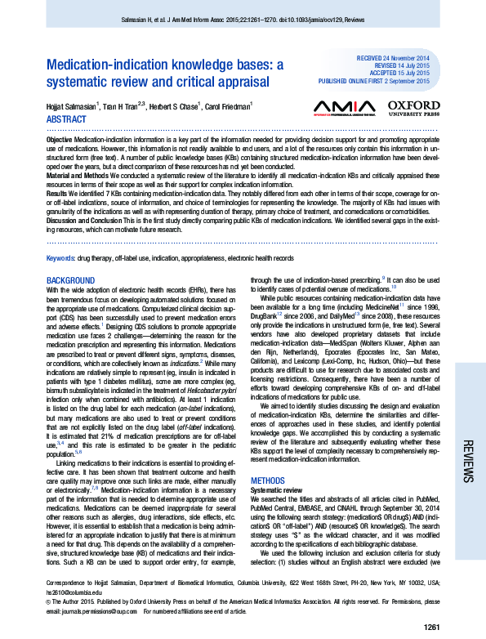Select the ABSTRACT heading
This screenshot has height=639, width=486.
[x=69, y=118]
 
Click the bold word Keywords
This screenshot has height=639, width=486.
[x=61, y=258]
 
